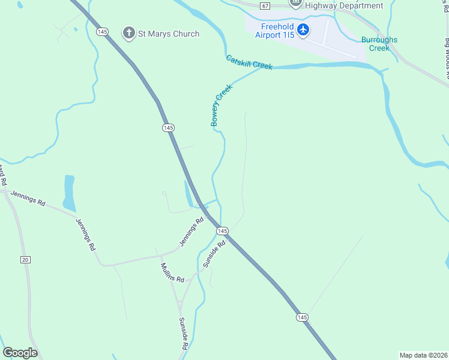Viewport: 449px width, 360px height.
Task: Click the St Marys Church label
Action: pyautogui.click(x=168, y=34)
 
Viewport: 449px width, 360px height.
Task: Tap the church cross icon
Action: pyautogui.click(x=128, y=34)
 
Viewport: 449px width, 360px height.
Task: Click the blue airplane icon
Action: pyautogui.click(x=303, y=29)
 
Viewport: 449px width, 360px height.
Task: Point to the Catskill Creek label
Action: pyautogui.click(x=249, y=62)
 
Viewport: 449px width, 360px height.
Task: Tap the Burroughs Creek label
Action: pyautogui.click(x=379, y=44)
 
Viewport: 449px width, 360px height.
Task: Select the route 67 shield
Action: pyautogui.click(x=265, y=5)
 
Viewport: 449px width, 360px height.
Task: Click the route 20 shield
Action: pyautogui.click(x=25, y=259)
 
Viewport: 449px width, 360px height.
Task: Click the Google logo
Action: pyautogui.click(x=20, y=353)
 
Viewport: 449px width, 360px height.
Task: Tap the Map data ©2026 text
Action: pyautogui.click(x=423, y=355)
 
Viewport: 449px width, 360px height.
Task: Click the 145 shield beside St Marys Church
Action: pyautogui.click(x=101, y=31)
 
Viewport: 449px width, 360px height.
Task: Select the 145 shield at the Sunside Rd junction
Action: pyautogui.click(x=222, y=231)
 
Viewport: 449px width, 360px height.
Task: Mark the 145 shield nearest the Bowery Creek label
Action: pyautogui.click(x=168, y=128)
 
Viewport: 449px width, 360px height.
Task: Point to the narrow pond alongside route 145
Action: pyautogui.click(x=188, y=194)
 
